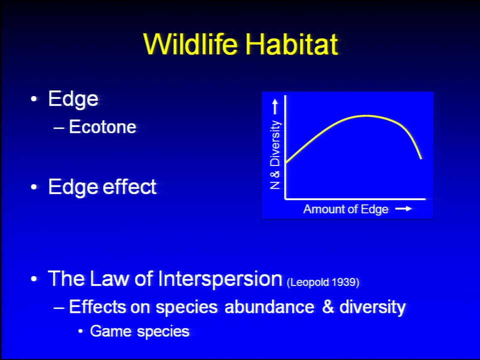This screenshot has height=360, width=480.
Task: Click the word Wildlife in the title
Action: [x=190, y=44]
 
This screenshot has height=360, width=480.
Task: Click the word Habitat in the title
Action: [x=291, y=44]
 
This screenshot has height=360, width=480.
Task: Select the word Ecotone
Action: [x=102, y=126]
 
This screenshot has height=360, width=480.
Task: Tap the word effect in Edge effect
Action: [x=129, y=186]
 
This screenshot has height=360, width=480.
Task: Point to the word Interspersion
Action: [x=220, y=278]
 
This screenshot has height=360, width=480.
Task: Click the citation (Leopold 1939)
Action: [x=323, y=282]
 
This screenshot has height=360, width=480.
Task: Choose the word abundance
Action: [x=269, y=306]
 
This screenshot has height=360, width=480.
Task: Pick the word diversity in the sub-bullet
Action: [x=372, y=307]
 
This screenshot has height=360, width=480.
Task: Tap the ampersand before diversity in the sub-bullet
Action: [x=327, y=306]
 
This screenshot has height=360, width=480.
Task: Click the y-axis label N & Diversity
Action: [x=275, y=154]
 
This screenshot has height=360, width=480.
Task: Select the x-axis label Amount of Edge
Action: [x=345, y=209]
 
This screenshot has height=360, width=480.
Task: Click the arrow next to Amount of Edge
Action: [x=403, y=209]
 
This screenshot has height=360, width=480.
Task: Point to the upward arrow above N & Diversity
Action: [x=275, y=107]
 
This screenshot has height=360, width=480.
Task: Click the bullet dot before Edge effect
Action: [x=33, y=186]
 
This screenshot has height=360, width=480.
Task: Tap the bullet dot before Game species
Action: [x=80, y=331]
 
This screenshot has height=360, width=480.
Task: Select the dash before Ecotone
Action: [x=58, y=127]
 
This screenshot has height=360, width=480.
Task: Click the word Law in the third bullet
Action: [x=109, y=278]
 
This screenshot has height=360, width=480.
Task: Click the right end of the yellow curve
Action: [x=421, y=158]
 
